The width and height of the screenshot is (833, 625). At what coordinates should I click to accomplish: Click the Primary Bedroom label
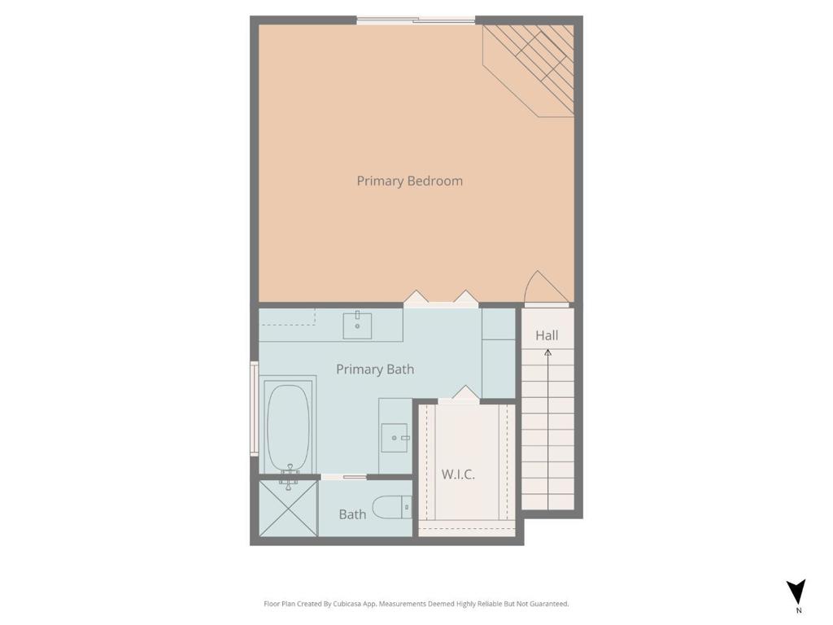coord(409,181)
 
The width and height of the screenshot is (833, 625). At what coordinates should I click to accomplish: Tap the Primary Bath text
coord(375,369)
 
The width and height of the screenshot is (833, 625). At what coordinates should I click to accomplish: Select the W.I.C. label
coord(458,474)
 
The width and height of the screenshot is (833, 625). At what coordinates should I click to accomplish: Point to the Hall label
coord(547,335)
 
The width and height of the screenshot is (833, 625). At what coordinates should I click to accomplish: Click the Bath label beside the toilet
coord(352,514)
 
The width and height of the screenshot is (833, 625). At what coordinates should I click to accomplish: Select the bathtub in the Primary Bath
coord(288,427)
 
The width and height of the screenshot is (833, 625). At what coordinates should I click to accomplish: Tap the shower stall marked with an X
coord(288,509)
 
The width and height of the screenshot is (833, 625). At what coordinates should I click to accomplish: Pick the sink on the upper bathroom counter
coord(357,326)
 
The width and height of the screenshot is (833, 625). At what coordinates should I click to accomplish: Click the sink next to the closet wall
coord(395,438)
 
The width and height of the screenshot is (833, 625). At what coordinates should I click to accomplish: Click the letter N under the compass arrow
coord(798,610)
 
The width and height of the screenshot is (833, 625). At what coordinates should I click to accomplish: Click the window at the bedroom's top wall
coord(416,20)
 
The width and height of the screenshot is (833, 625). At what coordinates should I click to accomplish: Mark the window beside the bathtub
coord(254,409)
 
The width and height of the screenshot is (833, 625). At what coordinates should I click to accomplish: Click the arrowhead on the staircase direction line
coord(548,353)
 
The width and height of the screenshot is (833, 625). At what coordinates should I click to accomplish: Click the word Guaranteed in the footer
coord(549,604)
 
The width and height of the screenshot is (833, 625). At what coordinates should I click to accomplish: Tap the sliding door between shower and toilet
coord(343,477)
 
